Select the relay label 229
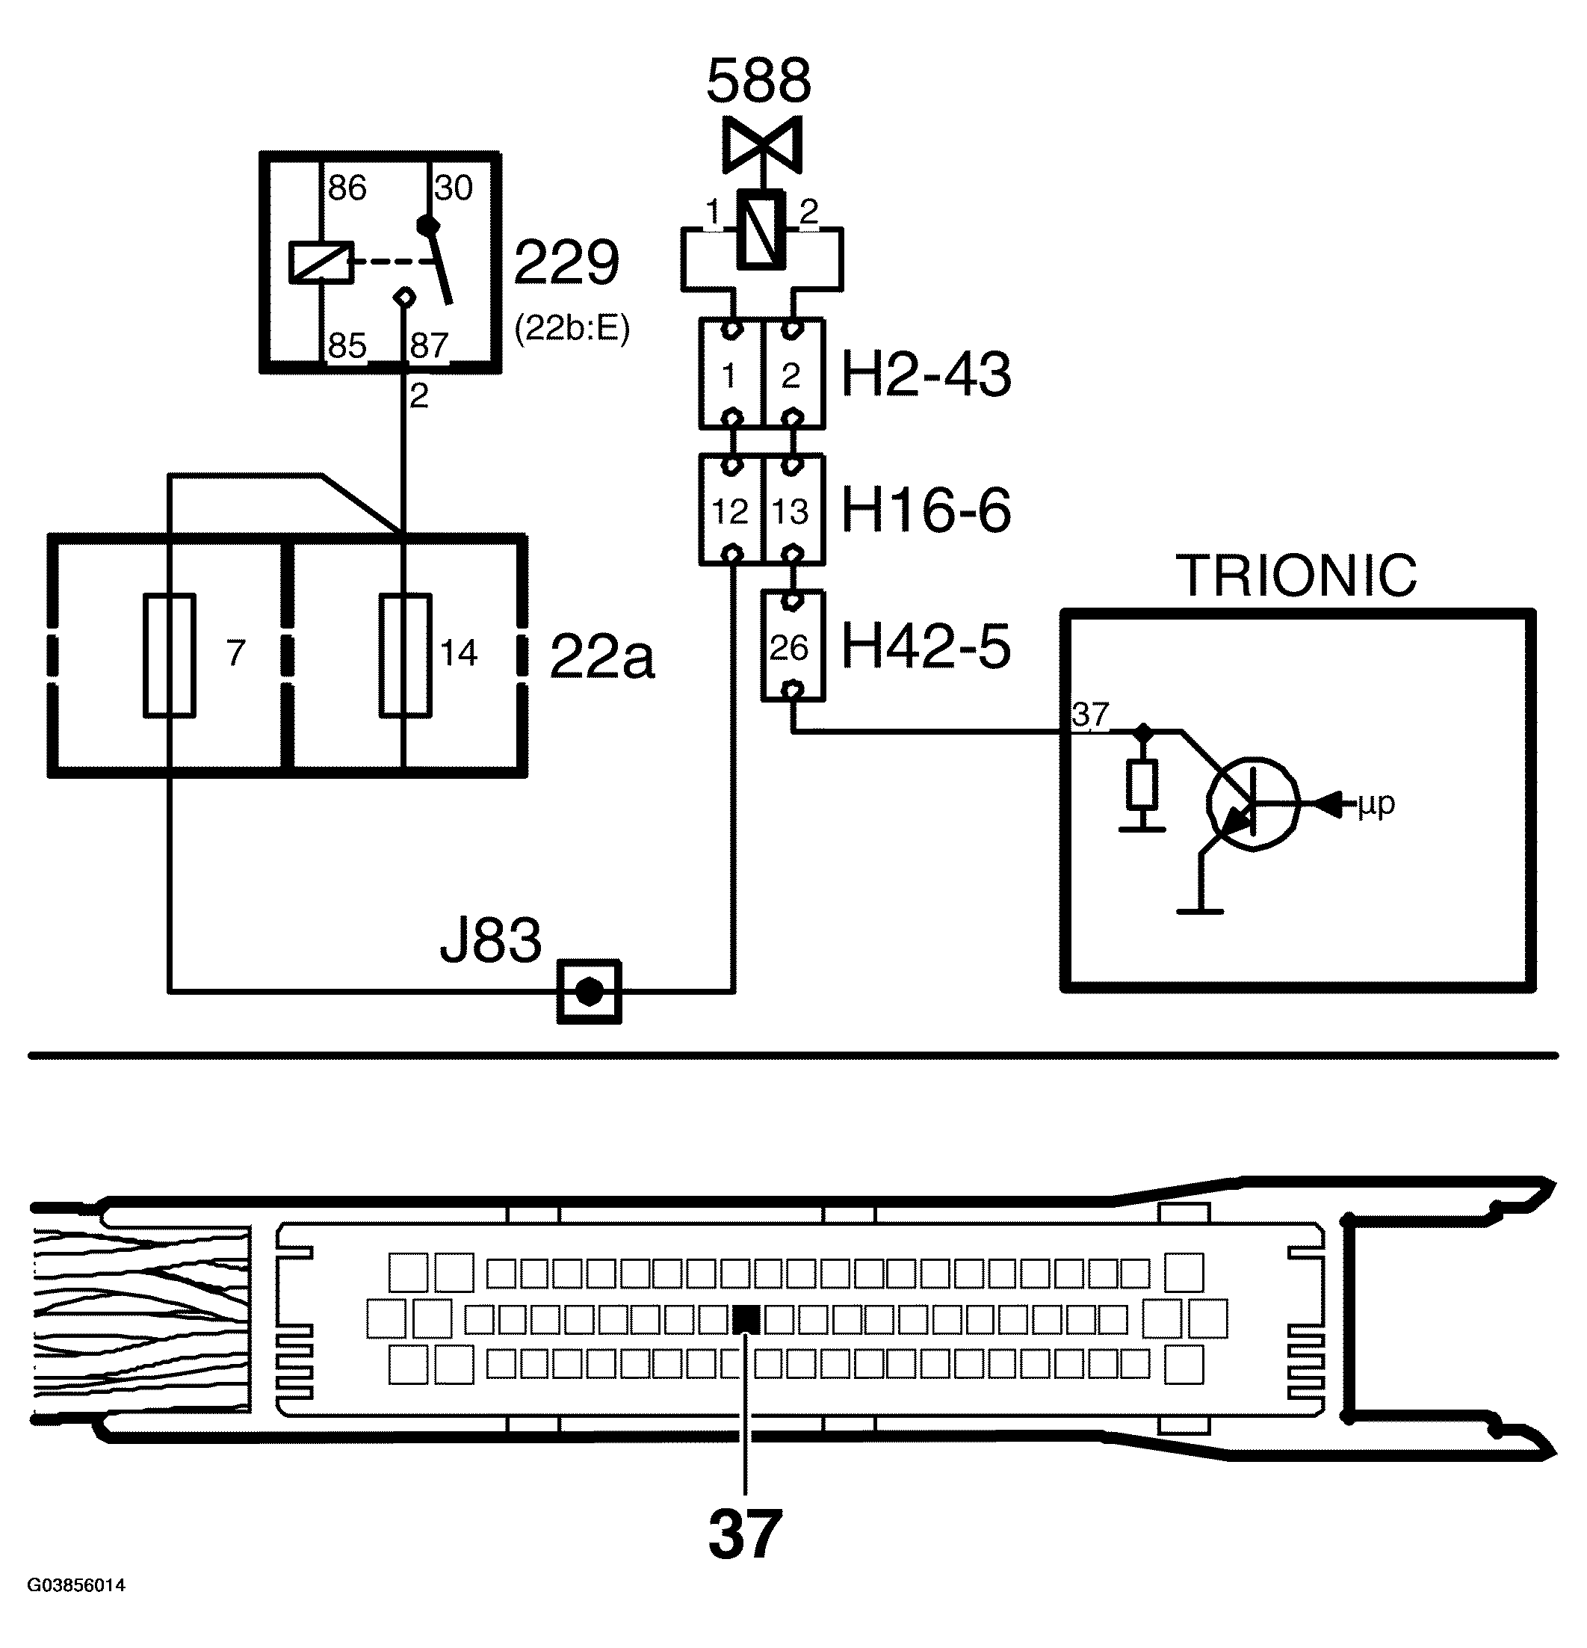[566, 263]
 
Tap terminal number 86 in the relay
[347, 188]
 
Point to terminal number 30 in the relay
[454, 188]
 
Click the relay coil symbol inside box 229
[321, 262]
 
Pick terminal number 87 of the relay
[429, 345]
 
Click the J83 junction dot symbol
[589, 993]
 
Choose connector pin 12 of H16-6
[729, 511]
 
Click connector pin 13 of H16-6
[791, 511]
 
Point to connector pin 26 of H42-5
[791, 647]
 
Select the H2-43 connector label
[926, 374]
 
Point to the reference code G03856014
[76, 1608]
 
